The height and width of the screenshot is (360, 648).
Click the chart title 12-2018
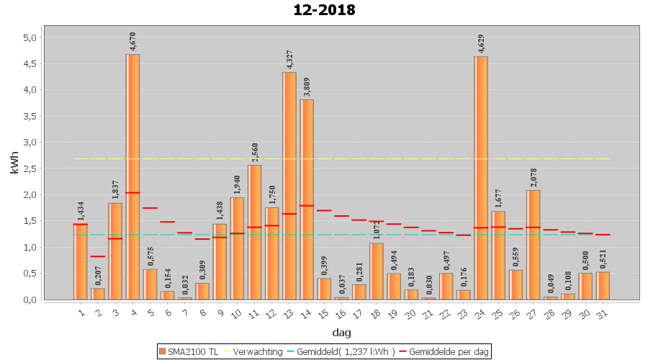tap(324, 10)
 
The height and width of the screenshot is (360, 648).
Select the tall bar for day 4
tap(132, 176)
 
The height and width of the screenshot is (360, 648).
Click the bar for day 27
tap(533, 245)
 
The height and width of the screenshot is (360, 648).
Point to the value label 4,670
tap(132, 41)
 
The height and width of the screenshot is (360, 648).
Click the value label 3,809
tap(307, 86)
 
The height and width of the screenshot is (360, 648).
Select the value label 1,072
tap(377, 230)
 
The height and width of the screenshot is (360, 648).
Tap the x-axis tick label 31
tap(603, 313)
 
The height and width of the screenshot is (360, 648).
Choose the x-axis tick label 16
tap(341, 313)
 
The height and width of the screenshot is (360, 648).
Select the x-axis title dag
tap(341, 332)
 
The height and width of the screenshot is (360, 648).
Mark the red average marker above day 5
tap(150, 208)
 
